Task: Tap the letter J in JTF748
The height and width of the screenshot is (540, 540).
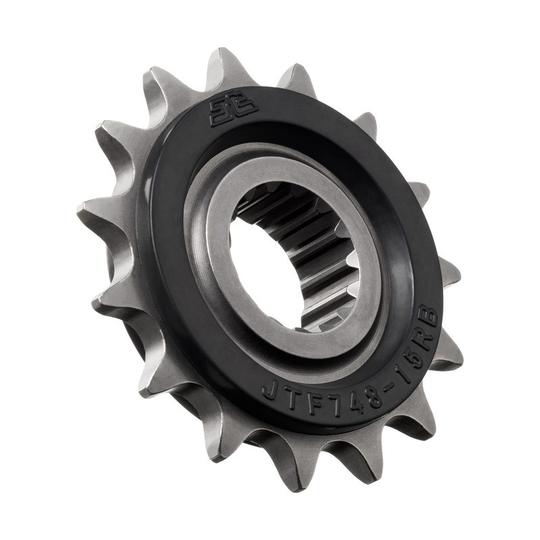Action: coord(268,389)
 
